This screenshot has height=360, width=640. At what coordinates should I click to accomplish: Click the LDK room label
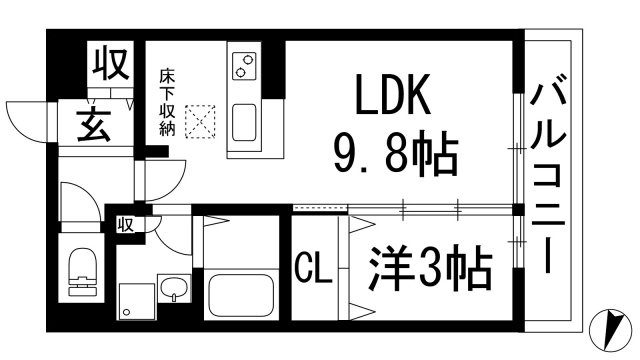coord(391,98)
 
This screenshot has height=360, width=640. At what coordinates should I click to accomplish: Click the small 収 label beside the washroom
coord(127,222)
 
